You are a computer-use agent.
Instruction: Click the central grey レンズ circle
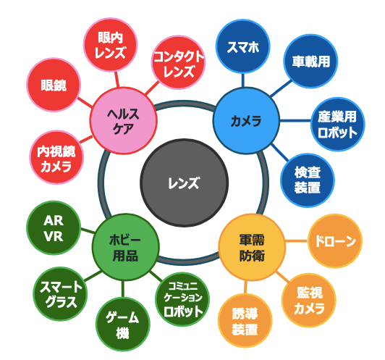[184, 183]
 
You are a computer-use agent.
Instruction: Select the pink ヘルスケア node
[123, 121]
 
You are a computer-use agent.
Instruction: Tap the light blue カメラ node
[246, 121]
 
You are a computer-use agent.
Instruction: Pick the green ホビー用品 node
[126, 247]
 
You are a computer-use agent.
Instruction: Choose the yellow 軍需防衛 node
[252, 247]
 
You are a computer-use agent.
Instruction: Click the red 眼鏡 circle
[54, 85]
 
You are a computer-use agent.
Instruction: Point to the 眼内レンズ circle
[110, 45]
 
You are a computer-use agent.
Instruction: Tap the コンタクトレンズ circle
[178, 62]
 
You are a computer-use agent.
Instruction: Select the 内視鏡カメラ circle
[56, 157]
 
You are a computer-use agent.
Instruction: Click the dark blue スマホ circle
[243, 46]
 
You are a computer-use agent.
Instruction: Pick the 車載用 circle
[310, 61]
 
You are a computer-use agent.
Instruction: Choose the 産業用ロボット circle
[338, 125]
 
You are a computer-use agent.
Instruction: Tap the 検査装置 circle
[308, 180]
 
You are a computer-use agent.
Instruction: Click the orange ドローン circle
[335, 241]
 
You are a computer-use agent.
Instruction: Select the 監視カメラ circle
[309, 301]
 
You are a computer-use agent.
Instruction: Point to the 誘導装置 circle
[245, 321]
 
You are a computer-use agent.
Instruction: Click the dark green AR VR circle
[54, 228]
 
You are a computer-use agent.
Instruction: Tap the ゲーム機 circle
[122, 325]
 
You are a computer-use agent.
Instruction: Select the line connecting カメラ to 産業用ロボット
[295, 121]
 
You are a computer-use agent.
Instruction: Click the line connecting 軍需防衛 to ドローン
[297, 241]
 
